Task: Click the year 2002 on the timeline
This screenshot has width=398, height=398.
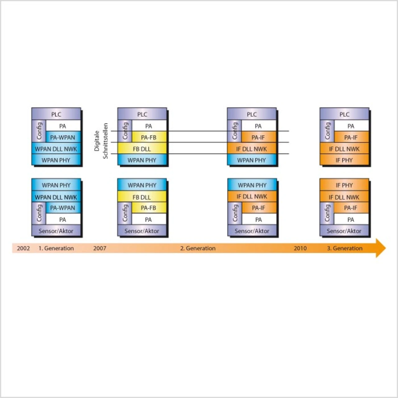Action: pyautogui.click(x=23, y=248)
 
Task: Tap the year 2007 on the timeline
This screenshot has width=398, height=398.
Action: pyautogui.click(x=99, y=248)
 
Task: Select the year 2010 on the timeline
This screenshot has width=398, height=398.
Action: pyautogui.click(x=300, y=248)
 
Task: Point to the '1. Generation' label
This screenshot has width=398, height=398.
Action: pyautogui.click(x=56, y=248)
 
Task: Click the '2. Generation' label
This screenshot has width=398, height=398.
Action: pyautogui.click(x=198, y=248)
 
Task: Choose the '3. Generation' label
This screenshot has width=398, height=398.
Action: pyautogui.click(x=345, y=248)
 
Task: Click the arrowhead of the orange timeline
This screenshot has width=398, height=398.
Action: pyautogui.click(x=381, y=248)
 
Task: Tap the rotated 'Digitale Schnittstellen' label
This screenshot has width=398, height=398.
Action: pyautogui.click(x=101, y=141)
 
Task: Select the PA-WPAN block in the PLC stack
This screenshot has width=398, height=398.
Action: pyautogui.click(x=63, y=137)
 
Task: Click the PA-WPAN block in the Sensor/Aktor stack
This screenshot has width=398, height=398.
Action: pyautogui.click(x=63, y=208)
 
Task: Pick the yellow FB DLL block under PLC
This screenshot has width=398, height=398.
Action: pyautogui.click(x=142, y=149)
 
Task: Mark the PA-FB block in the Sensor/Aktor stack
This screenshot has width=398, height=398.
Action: pyautogui.click(x=149, y=208)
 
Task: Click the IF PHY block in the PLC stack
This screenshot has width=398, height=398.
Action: pyautogui.click(x=344, y=160)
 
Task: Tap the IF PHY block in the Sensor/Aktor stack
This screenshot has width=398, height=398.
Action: pyautogui.click(x=344, y=185)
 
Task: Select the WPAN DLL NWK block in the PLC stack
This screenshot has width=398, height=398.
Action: pyautogui.click(x=56, y=149)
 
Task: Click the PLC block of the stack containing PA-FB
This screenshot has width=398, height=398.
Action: pyautogui.click(x=142, y=114)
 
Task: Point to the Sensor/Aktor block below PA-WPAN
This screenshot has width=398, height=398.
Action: pyautogui.click(x=56, y=231)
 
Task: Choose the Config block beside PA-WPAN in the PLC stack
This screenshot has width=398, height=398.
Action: pyautogui.click(x=39, y=131)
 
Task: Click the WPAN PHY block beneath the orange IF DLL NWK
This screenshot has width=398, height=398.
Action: pyautogui.click(x=252, y=160)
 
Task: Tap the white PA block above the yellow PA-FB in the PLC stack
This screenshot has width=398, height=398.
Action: pyautogui.click(x=149, y=126)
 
